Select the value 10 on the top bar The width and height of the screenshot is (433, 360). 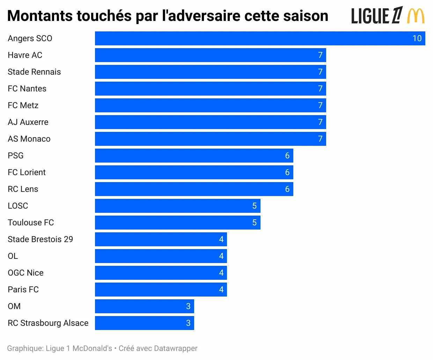pyautogui.click(x=417, y=38)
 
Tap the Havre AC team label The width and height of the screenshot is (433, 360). pyautogui.click(x=25, y=55)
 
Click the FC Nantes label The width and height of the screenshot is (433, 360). pyautogui.click(x=27, y=89)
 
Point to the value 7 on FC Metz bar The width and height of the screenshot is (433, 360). pyautogui.click(x=320, y=105)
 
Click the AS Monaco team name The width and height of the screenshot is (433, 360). pyautogui.click(x=29, y=139)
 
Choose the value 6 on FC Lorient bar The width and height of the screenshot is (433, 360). pyautogui.click(x=287, y=172)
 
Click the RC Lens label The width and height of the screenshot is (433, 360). pyautogui.click(x=23, y=189)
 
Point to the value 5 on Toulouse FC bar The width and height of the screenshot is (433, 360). pyautogui.click(x=254, y=223)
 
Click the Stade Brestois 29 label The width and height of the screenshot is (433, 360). pyautogui.click(x=40, y=239)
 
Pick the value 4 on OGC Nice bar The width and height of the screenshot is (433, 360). pyautogui.click(x=221, y=273)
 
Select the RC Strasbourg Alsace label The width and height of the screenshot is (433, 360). pyautogui.click(x=48, y=323)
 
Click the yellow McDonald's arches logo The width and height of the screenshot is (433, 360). pyautogui.click(x=416, y=16)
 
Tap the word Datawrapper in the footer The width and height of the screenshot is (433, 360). pyautogui.click(x=175, y=348)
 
